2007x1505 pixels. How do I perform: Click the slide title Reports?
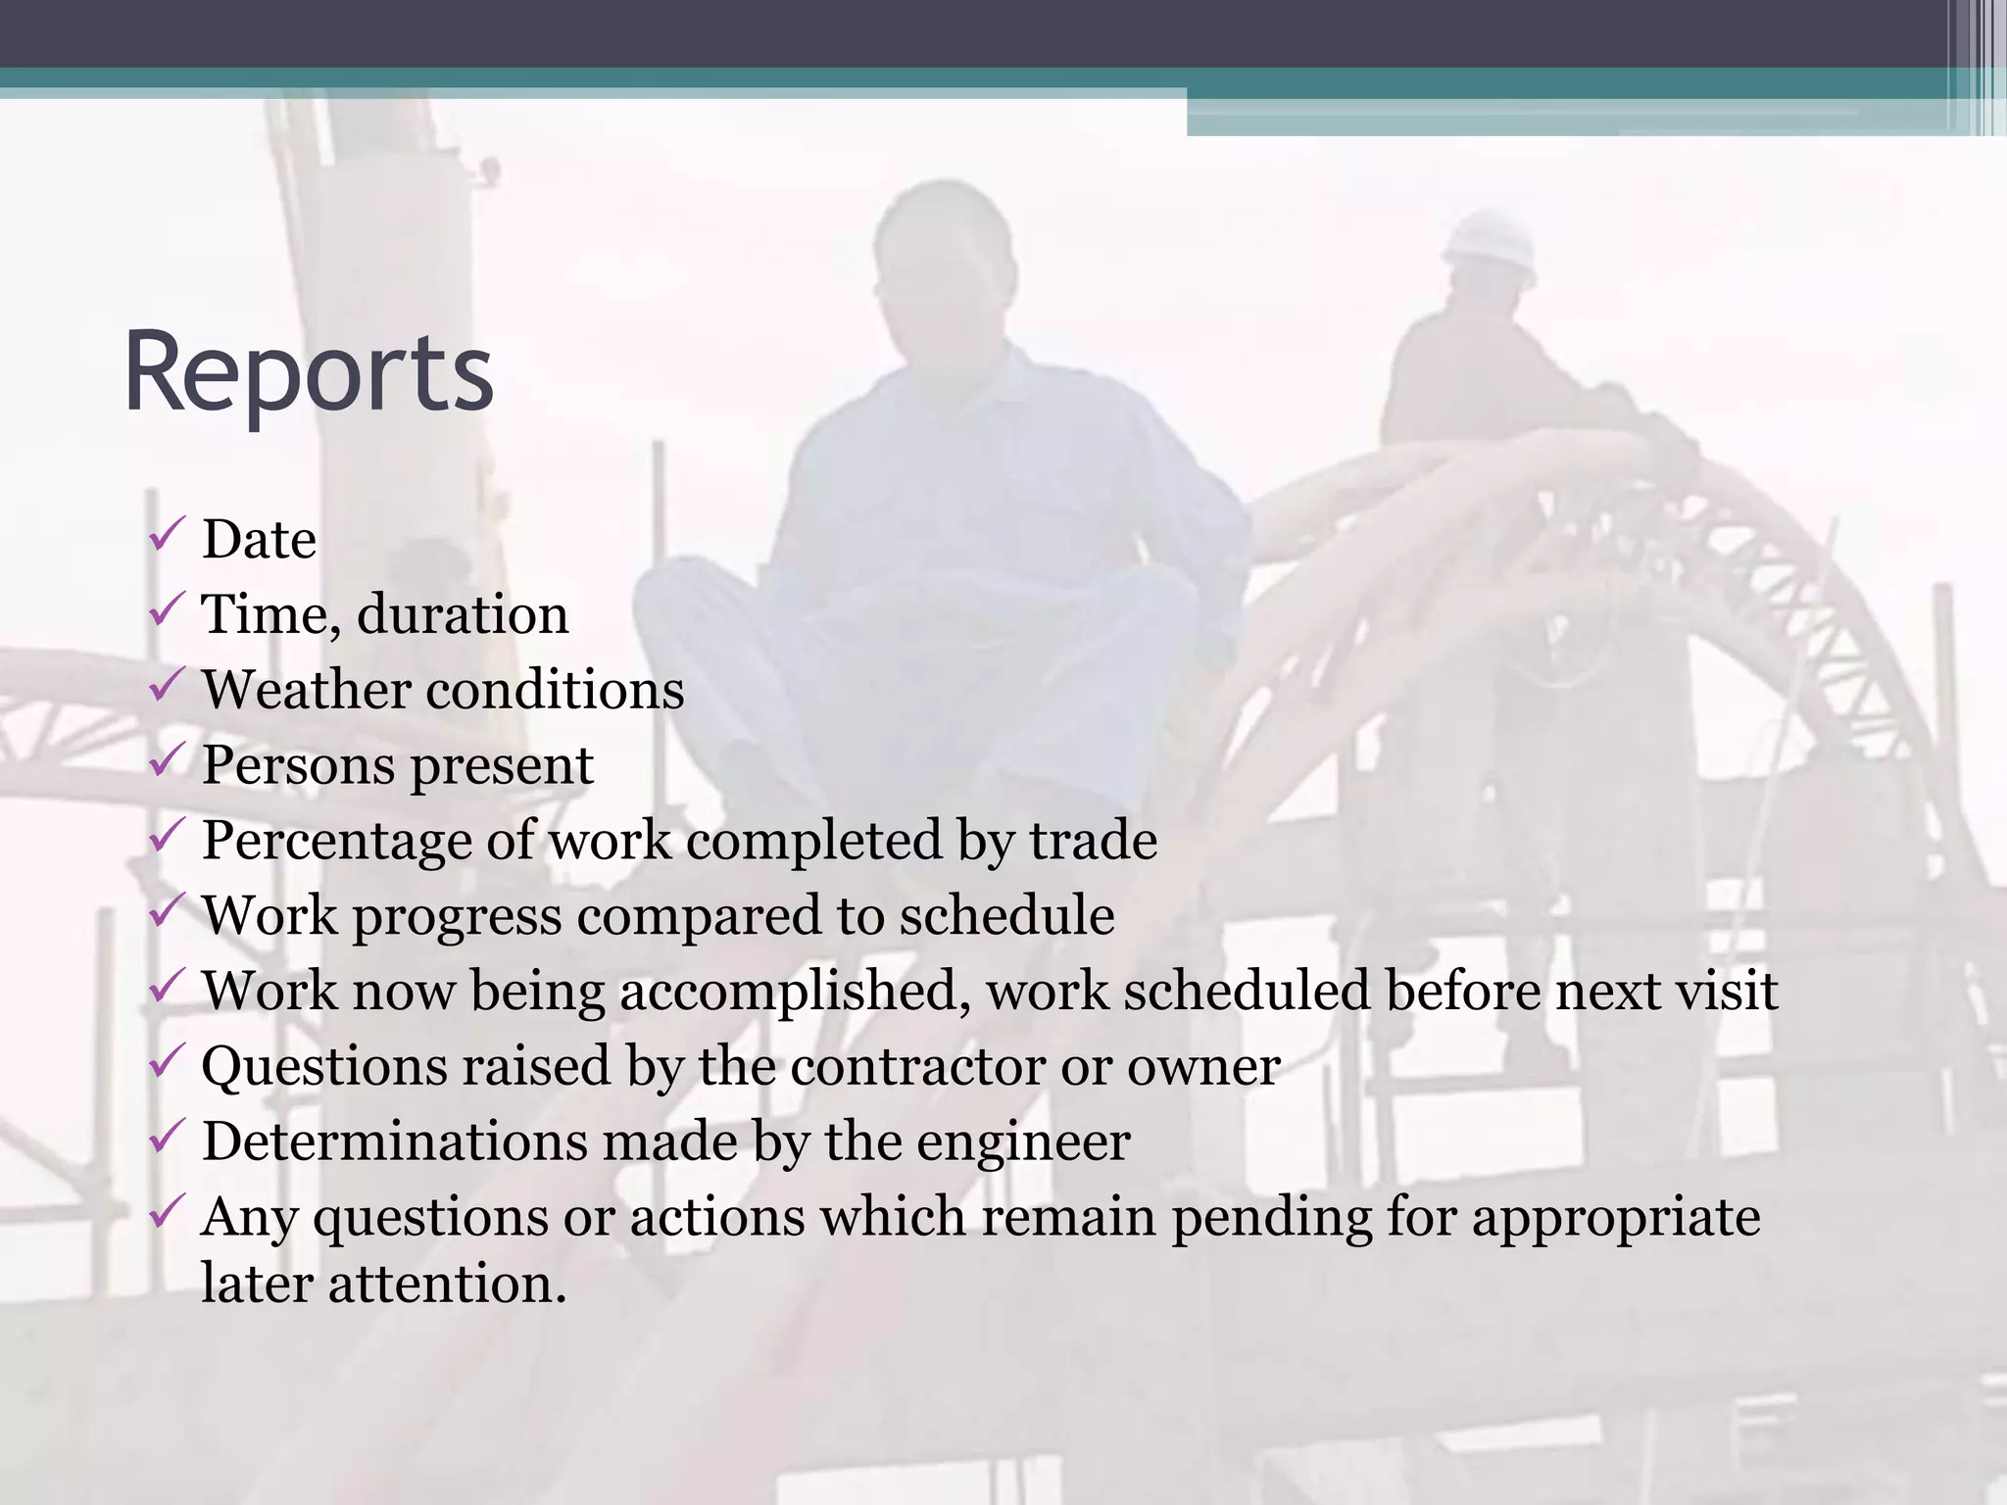[x=308, y=373]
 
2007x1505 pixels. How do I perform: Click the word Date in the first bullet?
[x=259, y=540]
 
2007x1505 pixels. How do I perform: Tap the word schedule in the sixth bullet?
[x=1006, y=916]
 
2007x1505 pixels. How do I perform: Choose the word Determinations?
[x=394, y=1141]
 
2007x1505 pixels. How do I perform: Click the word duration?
[x=463, y=615]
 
